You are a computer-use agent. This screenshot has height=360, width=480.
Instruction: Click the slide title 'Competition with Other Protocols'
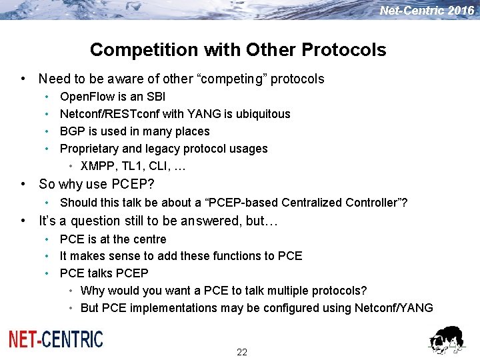(x=238, y=50)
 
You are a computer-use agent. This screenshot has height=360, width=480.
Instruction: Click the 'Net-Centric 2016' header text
(x=427, y=11)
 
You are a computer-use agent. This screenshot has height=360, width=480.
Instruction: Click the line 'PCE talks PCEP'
(x=104, y=273)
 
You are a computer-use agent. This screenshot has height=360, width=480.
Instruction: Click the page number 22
(x=241, y=352)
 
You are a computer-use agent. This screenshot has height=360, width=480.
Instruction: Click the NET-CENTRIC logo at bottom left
(x=56, y=339)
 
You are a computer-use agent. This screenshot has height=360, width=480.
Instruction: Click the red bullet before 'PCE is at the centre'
(x=47, y=239)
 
